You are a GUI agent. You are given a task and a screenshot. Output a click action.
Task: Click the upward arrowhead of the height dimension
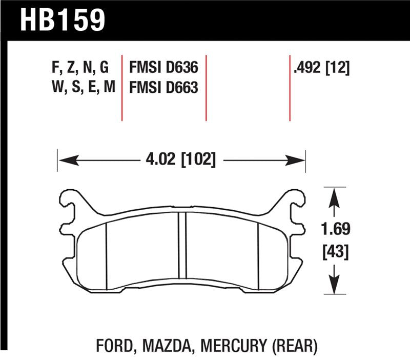334,195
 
